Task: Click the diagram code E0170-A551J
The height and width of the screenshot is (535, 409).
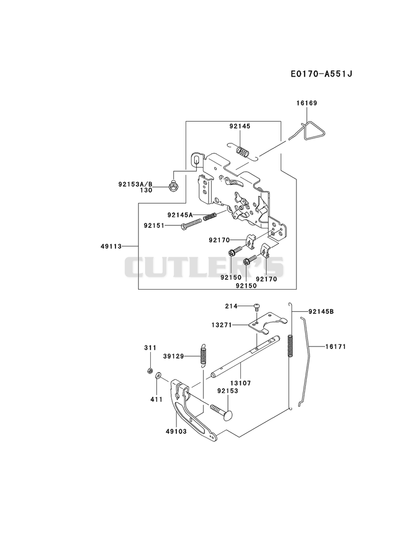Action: (x=321, y=74)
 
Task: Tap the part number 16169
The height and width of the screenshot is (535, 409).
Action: (x=307, y=103)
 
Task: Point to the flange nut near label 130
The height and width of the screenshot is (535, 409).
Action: (x=173, y=186)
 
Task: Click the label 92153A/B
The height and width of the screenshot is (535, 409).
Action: (x=135, y=184)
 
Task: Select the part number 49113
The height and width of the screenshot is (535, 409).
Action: (x=111, y=246)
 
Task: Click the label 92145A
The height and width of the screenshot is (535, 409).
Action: (x=180, y=215)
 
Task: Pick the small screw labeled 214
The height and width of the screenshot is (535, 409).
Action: (x=257, y=306)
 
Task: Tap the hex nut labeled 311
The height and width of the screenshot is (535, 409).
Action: (x=149, y=370)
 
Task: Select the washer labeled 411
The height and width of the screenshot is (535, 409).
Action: (x=158, y=376)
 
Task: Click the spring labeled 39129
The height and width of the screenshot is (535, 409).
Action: (x=203, y=355)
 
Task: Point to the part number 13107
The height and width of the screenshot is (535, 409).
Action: (x=240, y=383)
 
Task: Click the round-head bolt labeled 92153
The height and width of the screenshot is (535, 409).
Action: (x=222, y=411)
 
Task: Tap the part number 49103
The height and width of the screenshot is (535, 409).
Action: (x=176, y=432)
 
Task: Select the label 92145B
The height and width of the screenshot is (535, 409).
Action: (x=321, y=312)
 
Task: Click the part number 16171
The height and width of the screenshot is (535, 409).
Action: (x=335, y=346)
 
